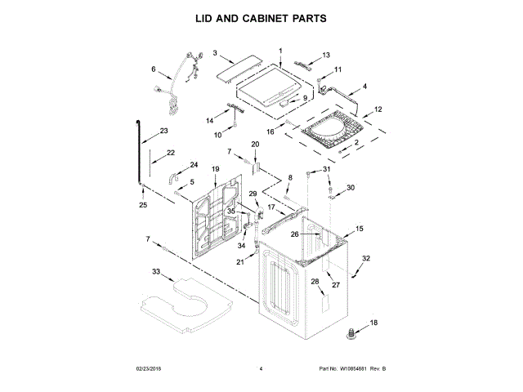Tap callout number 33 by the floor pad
coord(156,271)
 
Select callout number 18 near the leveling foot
coord(375,323)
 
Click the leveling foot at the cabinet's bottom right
coord(353,332)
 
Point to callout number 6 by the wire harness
coord(153,69)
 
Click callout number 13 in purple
coord(326,55)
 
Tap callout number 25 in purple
coord(143,205)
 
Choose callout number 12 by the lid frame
coord(378,109)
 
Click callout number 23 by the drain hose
coord(164,131)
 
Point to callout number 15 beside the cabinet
coord(360,229)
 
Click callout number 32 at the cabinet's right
coord(366,259)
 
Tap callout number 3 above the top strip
coord(215,53)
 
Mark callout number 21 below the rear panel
coord(240,262)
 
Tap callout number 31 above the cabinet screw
coord(327,169)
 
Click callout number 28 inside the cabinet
coord(315,282)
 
